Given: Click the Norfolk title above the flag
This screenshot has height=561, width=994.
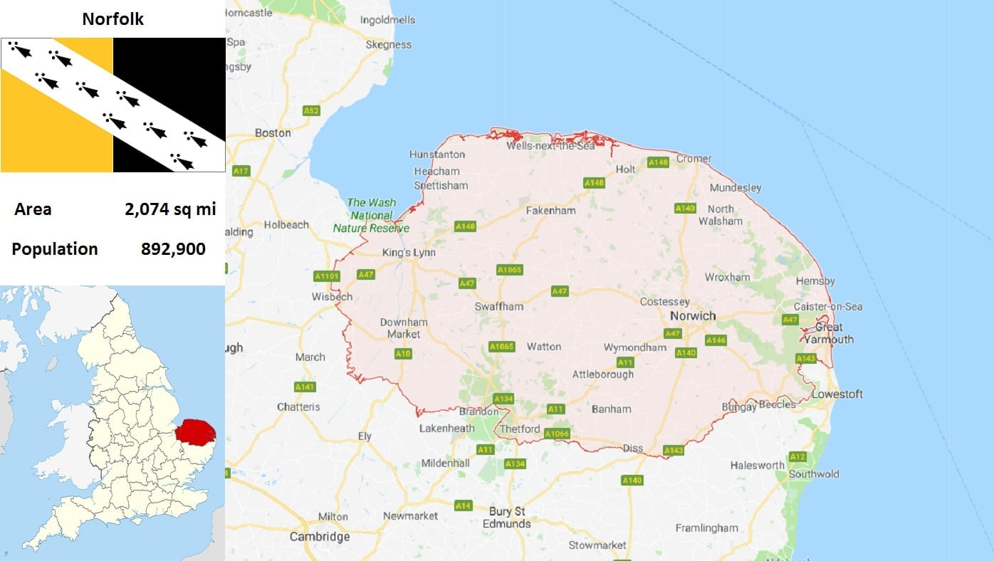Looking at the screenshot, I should tap(113, 19).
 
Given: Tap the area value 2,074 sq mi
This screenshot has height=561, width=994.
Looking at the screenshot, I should tap(170, 209).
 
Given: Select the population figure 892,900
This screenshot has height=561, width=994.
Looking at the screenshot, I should tap(173, 249).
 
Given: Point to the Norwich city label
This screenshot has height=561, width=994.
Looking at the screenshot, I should tap(693, 315).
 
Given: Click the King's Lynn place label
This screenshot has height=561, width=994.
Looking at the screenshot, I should tap(409, 253).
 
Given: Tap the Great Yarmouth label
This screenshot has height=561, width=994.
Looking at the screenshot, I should tap(829, 333).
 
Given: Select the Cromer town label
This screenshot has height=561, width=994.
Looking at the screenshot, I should tap(694, 159).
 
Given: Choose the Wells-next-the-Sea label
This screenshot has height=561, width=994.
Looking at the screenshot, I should tap(550, 145).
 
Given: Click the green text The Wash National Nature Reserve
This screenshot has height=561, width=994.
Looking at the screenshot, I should tap(371, 216).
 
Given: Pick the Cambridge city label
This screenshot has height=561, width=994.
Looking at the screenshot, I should tap(320, 537).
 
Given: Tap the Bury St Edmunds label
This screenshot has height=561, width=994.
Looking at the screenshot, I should tap(506, 518).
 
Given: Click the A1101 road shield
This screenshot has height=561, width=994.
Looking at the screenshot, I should tap(327, 276).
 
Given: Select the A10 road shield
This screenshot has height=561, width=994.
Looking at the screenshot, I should tap(403, 353).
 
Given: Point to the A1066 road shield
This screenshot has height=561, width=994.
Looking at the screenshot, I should tap(556, 432).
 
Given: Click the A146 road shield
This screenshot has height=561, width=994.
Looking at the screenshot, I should tap(716, 340).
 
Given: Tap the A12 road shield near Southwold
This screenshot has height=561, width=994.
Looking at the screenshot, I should tap(797, 456).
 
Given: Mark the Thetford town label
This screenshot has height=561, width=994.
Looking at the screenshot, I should tap(520, 429).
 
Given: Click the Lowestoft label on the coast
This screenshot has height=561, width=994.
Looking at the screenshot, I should tap(837, 394).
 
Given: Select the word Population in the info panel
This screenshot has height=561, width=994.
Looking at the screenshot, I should tap(55, 249).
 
